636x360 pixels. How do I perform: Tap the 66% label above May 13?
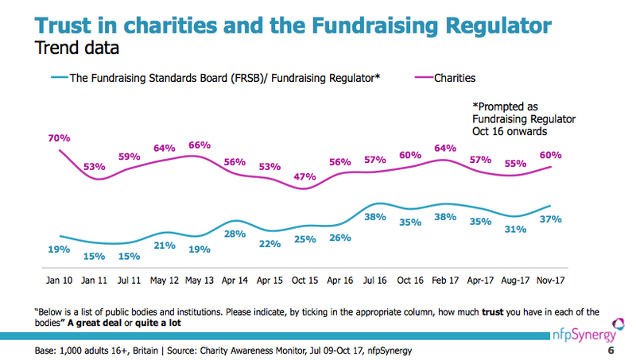pos(199,145)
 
